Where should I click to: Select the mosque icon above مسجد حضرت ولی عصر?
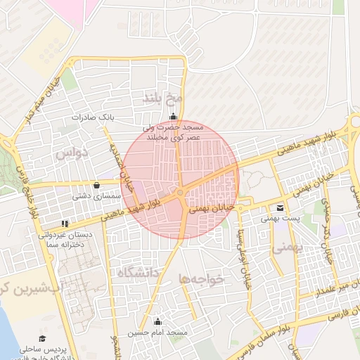(173, 117)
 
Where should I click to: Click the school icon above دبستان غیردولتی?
(65, 224)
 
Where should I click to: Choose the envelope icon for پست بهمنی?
(281, 208)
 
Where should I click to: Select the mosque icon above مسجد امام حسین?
(157, 321)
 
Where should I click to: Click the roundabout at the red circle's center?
(181, 193)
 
